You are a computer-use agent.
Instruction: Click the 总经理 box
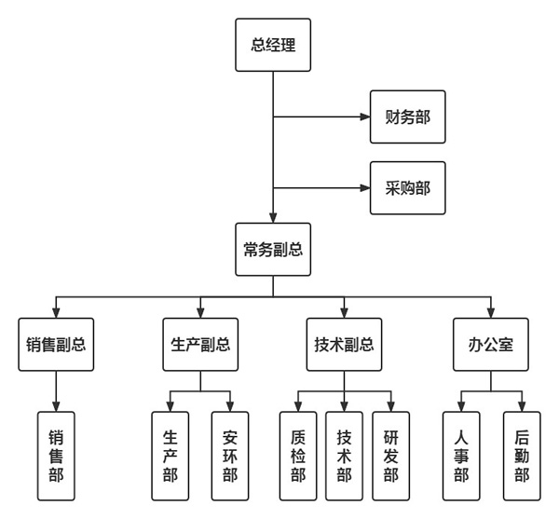[x=273, y=43]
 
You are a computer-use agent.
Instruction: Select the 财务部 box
[x=407, y=117]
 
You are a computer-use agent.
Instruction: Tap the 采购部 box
[x=407, y=190]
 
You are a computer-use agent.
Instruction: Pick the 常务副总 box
[x=273, y=248]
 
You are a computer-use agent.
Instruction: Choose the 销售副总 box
[x=57, y=344]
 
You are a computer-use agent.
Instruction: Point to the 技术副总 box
[x=344, y=344]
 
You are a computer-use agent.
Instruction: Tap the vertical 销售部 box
[x=57, y=456]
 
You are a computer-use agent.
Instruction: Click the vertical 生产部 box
[x=169, y=456]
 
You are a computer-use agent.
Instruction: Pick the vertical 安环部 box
[x=230, y=456]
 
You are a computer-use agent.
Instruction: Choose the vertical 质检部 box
[x=298, y=456]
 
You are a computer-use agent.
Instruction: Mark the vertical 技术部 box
[x=345, y=456]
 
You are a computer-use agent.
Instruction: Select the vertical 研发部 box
[x=390, y=456]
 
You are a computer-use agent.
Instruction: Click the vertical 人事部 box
[x=460, y=456]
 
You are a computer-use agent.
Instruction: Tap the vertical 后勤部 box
[x=522, y=456]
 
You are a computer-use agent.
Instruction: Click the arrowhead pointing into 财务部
[x=364, y=118]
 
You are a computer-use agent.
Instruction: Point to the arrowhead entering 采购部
[x=364, y=190]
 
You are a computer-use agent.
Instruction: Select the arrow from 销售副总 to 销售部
[x=57, y=389]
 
